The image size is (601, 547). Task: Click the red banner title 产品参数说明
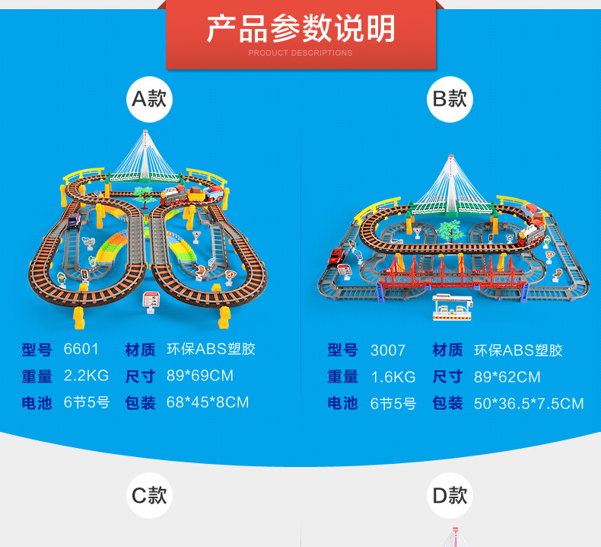point(300,28)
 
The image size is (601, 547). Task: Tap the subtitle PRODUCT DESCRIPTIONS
point(300,53)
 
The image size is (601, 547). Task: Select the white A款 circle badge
point(149,99)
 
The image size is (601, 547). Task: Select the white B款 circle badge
point(450,99)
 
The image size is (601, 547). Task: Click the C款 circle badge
point(149,496)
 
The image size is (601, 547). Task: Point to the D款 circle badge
point(450,496)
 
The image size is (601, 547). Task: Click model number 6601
point(81,350)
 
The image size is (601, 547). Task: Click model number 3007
point(388,350)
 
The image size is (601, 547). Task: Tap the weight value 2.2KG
point(86,376)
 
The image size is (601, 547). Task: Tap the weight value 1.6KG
point(393,377)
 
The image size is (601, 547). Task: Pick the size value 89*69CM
point(199,376)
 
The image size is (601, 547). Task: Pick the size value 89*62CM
point(507,377)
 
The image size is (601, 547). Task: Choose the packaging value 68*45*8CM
point(207,401)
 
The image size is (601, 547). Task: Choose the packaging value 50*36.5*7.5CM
point(529,403)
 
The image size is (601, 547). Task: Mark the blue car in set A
point(73,220)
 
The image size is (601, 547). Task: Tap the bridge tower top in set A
point(145,134)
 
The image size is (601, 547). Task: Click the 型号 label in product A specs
point(37,350)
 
